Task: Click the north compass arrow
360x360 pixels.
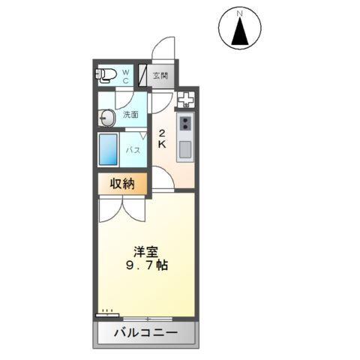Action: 240,31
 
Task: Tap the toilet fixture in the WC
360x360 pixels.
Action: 105,74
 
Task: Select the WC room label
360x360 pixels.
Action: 126,76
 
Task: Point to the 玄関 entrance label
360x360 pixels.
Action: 160,76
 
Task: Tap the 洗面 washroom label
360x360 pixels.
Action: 131,115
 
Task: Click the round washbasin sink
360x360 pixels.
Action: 106,116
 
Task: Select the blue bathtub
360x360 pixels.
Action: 109,149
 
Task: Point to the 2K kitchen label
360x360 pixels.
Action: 161,139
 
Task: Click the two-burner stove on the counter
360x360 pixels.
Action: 185,121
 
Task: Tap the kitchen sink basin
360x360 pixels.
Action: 184,148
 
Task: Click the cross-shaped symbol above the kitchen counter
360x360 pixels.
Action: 185,98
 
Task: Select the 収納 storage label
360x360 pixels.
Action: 122,183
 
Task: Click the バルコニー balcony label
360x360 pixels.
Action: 145,332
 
